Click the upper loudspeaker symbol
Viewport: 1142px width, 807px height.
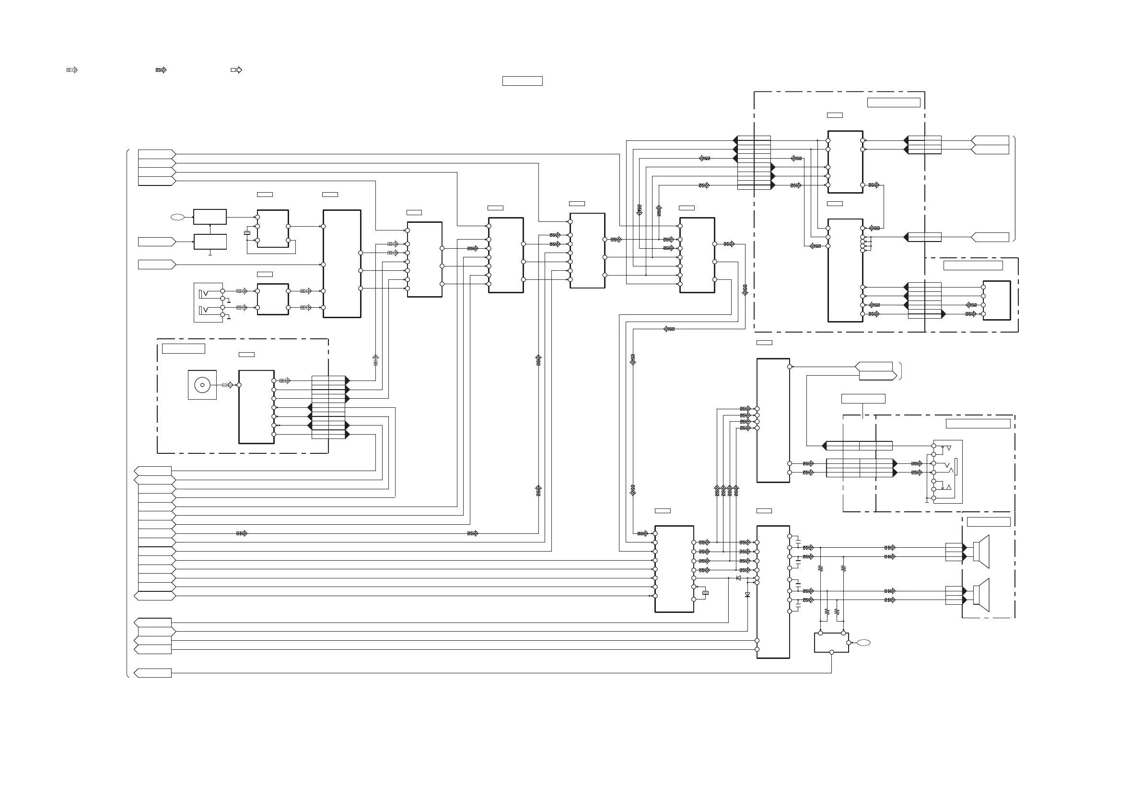point(981,552)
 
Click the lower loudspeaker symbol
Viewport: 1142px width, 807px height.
point(981,595)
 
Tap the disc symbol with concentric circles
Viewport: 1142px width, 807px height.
point(202,385)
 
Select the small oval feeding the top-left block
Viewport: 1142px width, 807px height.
point(177,217)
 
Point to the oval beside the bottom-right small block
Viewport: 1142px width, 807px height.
point(863,643)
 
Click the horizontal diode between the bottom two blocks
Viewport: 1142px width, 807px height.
point(738,578)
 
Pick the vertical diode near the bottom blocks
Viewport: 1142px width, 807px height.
point(747,595)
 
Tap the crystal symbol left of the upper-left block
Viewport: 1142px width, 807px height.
point(247,233)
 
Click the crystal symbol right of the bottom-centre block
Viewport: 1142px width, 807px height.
point(705,593)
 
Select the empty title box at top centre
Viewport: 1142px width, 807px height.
point(522,81)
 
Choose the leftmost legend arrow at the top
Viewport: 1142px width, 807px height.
point(72,70)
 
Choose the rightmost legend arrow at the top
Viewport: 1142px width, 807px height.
point(237,70)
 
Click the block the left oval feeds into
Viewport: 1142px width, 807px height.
point(210,217)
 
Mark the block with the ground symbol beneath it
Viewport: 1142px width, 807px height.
point(210,242)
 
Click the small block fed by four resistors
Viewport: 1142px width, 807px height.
point(831,643)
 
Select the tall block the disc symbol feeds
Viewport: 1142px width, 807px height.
point(256,407)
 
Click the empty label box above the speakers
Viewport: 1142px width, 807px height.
point(988,521)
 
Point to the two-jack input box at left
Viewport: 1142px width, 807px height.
point(209,303)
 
